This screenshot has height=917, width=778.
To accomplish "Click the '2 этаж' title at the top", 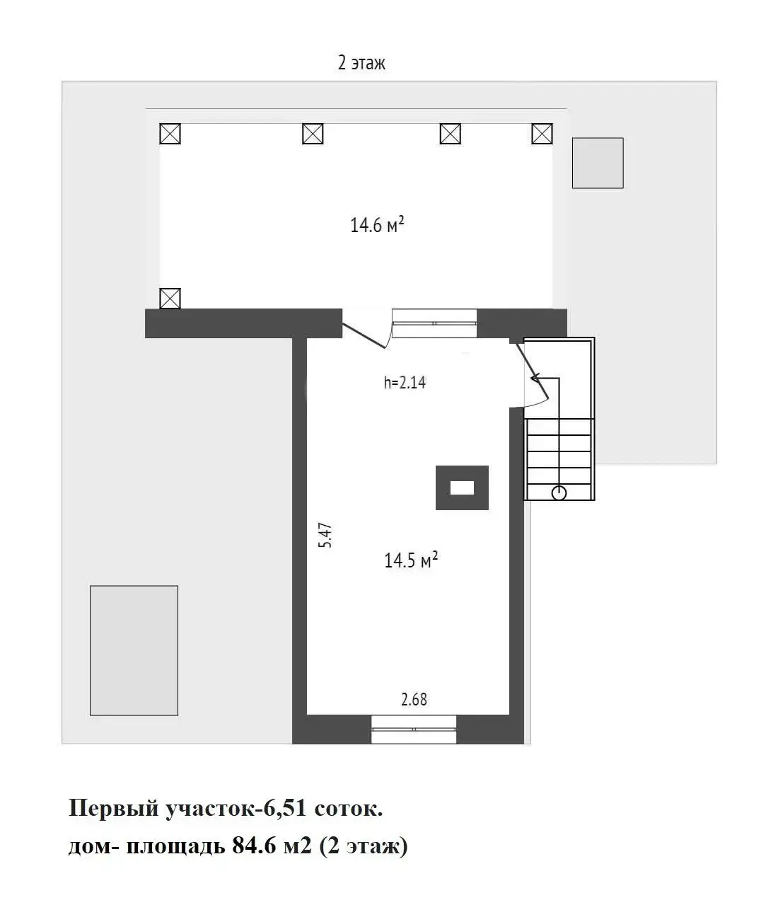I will tap(361, 63).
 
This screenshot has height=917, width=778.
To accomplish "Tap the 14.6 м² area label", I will tap(377, 225).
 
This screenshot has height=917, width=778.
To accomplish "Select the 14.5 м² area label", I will tap(411, 560).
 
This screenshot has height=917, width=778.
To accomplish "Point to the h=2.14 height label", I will tap(405, 383).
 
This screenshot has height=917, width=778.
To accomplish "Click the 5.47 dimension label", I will tap(325, 535).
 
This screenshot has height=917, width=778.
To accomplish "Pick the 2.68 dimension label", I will tap(414, 699).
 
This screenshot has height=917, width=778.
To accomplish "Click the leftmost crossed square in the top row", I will tap(170, 133).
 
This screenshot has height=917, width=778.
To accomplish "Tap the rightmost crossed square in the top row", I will tap(542, 133).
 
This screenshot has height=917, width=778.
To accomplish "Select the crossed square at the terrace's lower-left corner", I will tap(170, 298).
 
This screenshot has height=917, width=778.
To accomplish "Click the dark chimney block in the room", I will tap(462, 488).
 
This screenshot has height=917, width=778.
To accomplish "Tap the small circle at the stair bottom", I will tap(559, 493).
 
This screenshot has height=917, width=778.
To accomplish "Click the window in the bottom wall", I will tap(414, 729).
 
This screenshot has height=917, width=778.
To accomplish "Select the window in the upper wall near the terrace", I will tap(434, 323).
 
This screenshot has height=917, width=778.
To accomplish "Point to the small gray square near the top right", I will tap(598, 163).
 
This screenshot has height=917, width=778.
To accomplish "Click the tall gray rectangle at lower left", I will tap(134, 650).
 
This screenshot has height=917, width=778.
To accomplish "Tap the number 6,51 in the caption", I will tap(285, 808).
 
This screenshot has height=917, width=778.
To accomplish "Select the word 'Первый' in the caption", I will tap(113, 808).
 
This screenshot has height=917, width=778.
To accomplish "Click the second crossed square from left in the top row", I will tap(313, 133).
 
